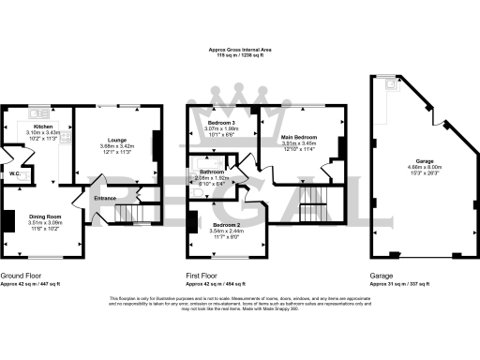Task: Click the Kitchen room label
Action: (43, 126)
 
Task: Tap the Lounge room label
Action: (117, 140)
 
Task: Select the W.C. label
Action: (15, 173)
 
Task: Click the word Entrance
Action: (106, 197)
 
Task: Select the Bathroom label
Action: (211, 172)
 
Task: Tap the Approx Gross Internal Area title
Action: (239, 50)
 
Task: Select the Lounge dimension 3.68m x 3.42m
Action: (117, 146)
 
